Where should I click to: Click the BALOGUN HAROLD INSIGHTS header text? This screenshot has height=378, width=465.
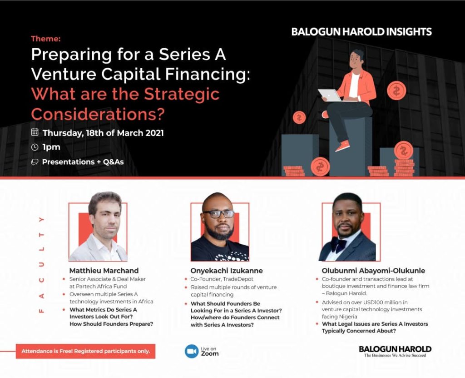pyautogui.click(x=361, y=32)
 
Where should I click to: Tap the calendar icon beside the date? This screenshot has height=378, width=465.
pyautogui.click(x=35, y=133)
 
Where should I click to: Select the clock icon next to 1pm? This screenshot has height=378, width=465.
pyautogui.click(x=35, y=147)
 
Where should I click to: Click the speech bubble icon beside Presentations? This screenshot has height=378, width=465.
pyautogui.click(x=35, y=162)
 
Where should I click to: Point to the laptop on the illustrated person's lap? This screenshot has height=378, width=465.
pyautogui.click(x=330, y=95)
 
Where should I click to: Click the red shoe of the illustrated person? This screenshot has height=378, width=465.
pyautogui.click(x=342, y=146)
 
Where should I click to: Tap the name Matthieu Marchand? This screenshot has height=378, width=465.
pyautogui.click(x=104, y=271)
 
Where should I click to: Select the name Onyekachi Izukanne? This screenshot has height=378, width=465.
pyautogui.click(x=227, y=271)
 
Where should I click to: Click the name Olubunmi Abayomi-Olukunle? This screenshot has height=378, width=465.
pyautogui.click(x=373, y=271)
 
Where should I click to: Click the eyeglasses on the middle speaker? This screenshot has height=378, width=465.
pyautogui.click(x=219, y=214)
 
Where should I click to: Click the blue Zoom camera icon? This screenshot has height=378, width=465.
pyautogui.click(x=192, y=351)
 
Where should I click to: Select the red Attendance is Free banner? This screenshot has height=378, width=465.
pyautogui.click(x=85, y=351)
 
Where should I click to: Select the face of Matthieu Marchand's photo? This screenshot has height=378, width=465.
pyautogui.click(x=104, y=216)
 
